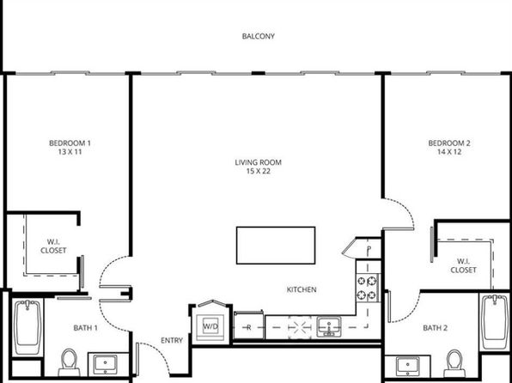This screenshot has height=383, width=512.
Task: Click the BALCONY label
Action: coord(258,36)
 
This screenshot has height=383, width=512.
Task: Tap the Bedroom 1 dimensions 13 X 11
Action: coord(70,152)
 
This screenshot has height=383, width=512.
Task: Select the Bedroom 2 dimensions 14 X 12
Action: coord(449,152)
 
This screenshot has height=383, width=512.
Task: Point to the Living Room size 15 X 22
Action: coord(258,171)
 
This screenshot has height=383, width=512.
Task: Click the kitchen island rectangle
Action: coord(276,246)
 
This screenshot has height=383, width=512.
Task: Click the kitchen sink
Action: coord(329,327)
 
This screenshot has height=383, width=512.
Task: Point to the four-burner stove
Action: coord(368,288)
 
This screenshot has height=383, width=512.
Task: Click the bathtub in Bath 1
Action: coord(27,327)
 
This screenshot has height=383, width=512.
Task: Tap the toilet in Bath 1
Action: coord(70,362)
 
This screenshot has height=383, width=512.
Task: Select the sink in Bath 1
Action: coord(105,364)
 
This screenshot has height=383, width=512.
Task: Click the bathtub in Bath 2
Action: coord(495,322)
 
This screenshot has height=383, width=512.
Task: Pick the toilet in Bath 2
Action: coord(454,363)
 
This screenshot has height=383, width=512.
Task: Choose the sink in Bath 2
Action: coord(407,366)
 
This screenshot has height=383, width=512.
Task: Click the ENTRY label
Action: coord(172,341)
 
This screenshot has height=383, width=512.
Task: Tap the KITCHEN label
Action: coord(302,289)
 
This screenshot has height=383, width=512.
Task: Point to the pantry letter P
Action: coord(369,250)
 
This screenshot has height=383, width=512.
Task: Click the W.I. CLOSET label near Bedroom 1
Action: coord(53,246)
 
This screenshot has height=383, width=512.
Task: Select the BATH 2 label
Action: coord(435,328)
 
